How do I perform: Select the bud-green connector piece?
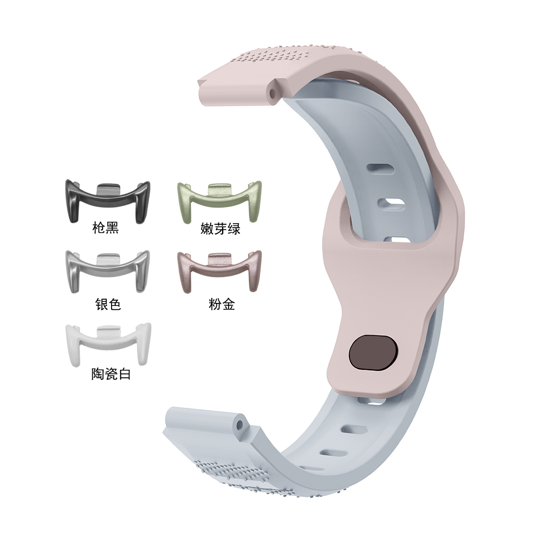[219, 201]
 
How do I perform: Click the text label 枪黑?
[106, 228]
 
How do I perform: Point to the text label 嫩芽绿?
[220, 229]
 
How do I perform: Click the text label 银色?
[108, 304]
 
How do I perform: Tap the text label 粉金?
[222, 304]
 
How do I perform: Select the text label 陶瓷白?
[111, 374]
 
